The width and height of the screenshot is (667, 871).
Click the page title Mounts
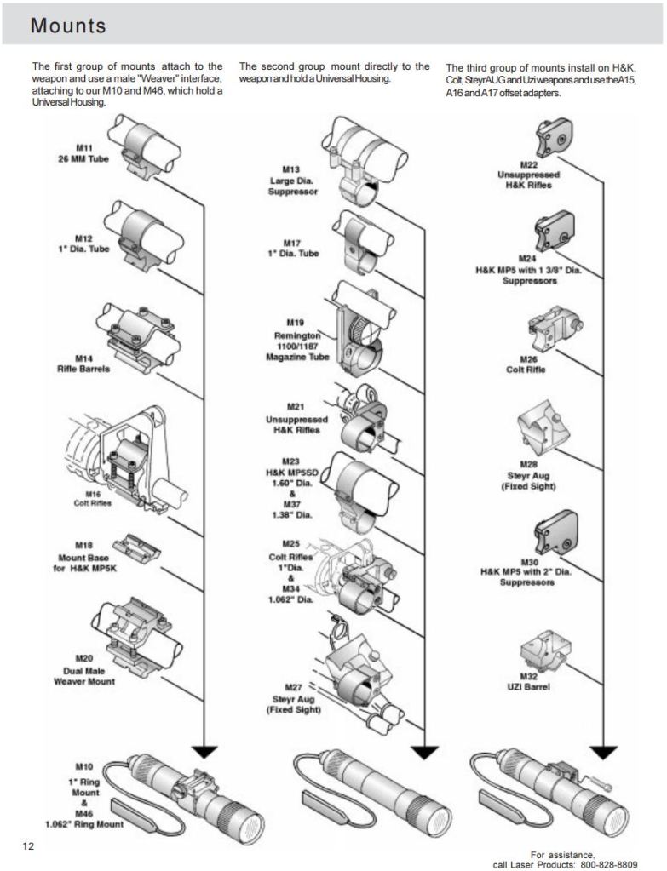point(68,26)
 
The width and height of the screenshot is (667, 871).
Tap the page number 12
point(29,845)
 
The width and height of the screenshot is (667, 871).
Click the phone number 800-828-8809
point(608,864)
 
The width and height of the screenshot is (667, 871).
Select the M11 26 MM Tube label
point(83,153)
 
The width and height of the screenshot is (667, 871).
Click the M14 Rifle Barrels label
point(83,364)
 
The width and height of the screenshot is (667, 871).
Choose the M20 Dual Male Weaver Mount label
point(83,670)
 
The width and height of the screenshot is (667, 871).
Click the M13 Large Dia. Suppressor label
point(293,181)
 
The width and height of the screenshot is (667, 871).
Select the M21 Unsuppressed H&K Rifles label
point(296,419)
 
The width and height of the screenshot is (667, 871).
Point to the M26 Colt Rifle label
point(526,364)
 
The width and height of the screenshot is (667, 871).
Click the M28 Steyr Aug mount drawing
point(544,433)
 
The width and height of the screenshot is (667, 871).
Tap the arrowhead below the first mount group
point(204,752)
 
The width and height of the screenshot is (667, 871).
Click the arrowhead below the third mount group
point(604,752)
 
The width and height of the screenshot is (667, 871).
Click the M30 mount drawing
point(555,532)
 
